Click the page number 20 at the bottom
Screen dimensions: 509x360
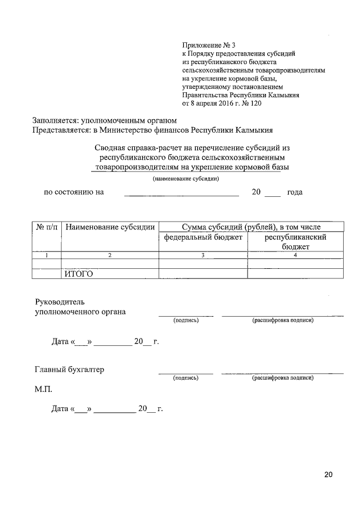coord(328,475)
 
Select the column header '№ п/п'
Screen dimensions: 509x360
coord(46,227)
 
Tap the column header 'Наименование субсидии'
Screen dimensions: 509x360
coord(110,227)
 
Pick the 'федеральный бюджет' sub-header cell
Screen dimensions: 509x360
coord(203,238)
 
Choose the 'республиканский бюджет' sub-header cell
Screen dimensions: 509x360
coord(295,242)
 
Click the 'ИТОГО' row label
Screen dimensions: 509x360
coord(78,274)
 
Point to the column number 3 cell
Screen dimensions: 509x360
coord(203,255)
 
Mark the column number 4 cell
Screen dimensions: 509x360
coord(295,255)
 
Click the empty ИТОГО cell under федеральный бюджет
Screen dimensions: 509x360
coord(203,274)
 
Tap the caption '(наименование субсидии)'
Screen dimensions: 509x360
coord(186,179)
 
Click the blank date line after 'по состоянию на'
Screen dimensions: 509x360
coord(181,192)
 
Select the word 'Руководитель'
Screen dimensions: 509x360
coord(60,301)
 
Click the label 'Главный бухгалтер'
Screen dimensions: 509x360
coord(69,370)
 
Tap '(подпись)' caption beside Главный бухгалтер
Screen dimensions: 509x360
coord(186,378)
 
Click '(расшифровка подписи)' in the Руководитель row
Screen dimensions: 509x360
coord(282,320)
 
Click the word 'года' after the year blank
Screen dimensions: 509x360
coord(295,192)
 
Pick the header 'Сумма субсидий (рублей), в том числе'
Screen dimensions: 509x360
coord(251,227)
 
